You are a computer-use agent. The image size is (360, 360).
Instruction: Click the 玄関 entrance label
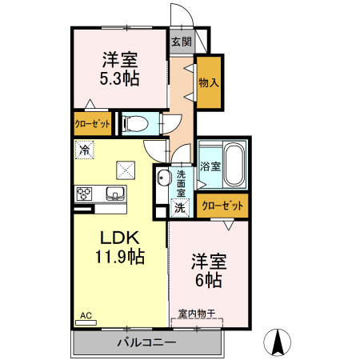(182, 42)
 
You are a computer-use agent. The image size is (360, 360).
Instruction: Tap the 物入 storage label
(210, 82)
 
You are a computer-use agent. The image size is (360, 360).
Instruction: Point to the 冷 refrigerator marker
(83, 149)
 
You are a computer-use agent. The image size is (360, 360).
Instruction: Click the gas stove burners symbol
(85, 193)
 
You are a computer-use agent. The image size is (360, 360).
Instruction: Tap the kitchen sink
(114, 193)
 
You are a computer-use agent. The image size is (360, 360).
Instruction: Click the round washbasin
(163, 178)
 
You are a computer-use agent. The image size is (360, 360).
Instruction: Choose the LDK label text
(120, 238)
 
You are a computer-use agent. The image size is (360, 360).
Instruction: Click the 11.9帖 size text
(120, 257)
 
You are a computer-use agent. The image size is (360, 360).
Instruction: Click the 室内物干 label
(197, 314)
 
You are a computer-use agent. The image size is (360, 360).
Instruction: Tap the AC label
(86, 314)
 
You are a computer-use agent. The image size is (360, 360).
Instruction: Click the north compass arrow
(279, 342)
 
